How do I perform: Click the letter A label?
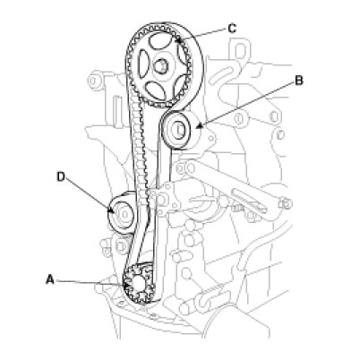[50, 279]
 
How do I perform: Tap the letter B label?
[299, 81]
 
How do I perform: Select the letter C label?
[232, 29]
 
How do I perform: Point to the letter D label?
[61, 176]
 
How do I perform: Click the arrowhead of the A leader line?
[124, 285]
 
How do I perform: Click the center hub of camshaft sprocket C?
[160, 66]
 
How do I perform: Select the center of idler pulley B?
[178, 130]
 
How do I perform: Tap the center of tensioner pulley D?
[124, 214]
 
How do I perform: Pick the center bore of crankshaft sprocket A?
[139, 284]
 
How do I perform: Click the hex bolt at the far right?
[286, 204]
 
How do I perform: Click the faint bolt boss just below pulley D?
[121, 246]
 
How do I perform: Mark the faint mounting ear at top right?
[241, 50]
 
